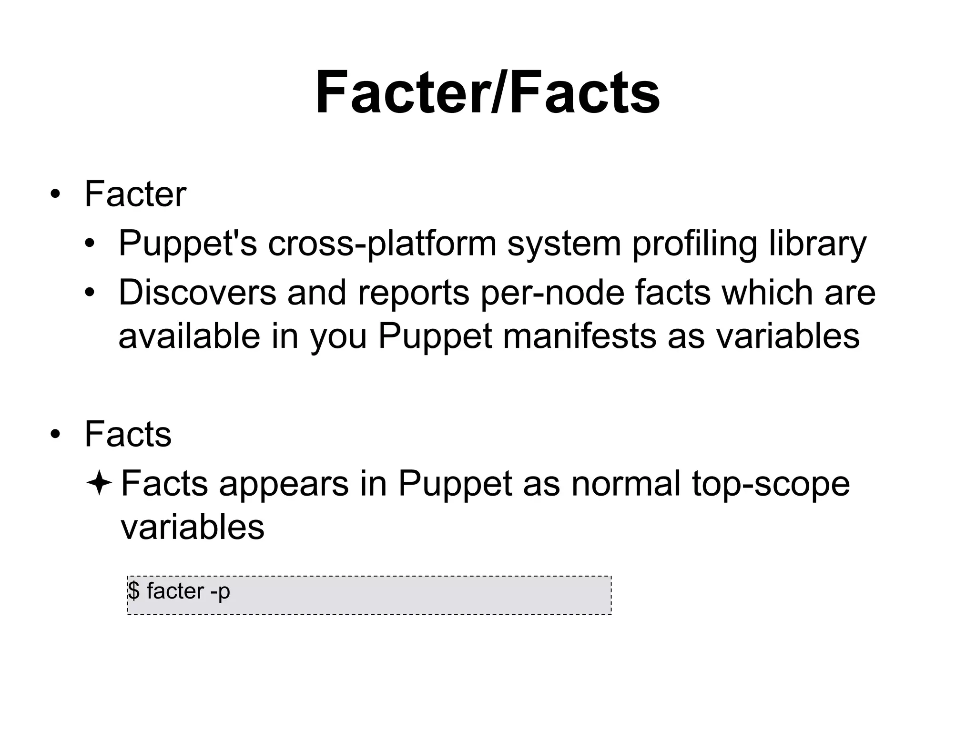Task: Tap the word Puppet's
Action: [187, 244]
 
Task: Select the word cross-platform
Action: [382, 244]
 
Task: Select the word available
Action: [189, 336]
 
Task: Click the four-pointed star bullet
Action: [99, 484]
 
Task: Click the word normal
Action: [626, 484]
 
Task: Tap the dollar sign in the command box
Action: [134, 591]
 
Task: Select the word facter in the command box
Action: [175, 591]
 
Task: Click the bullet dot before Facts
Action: [55, 435]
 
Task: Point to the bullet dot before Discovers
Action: [90, 292]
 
